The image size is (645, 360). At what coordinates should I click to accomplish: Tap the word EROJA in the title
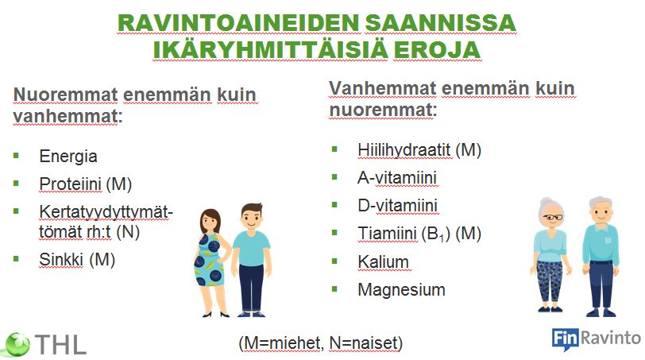click(x=437, y=50)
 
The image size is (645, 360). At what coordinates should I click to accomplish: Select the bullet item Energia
click(x=68, y=157)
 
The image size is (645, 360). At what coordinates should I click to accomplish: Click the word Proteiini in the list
click(x=71, y=184)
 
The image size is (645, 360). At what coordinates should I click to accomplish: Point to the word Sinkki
click(x=61, y=260)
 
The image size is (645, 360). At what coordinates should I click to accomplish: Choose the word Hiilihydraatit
click(x=404, y=150)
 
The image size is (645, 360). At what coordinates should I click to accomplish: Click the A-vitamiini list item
click(x=397, y=178)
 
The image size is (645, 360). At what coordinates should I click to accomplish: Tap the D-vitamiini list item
click(x=397, y=205)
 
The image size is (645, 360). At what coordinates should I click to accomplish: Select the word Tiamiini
click(x=387, y=234)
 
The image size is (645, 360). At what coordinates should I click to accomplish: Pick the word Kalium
click(x=383, y=261)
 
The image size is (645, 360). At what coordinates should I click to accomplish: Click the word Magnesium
click(x=401, y=289)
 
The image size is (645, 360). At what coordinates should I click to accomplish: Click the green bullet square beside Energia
click(x=16, y=155)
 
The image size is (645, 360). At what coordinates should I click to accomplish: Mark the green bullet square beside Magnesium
click(x=334, y=288)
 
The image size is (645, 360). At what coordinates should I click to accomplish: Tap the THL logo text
click(x=61, y=344)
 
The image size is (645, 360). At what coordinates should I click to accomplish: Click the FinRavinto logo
click(x=596, y=339)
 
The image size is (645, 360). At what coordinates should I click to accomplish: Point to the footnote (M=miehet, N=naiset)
click(x=320, y=343)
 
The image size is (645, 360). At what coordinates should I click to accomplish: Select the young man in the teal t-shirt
click(x=251, y=260)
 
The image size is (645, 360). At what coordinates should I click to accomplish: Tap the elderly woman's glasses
click(x=552, y=217)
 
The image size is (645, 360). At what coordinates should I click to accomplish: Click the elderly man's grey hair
click(x=601, y=203)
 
